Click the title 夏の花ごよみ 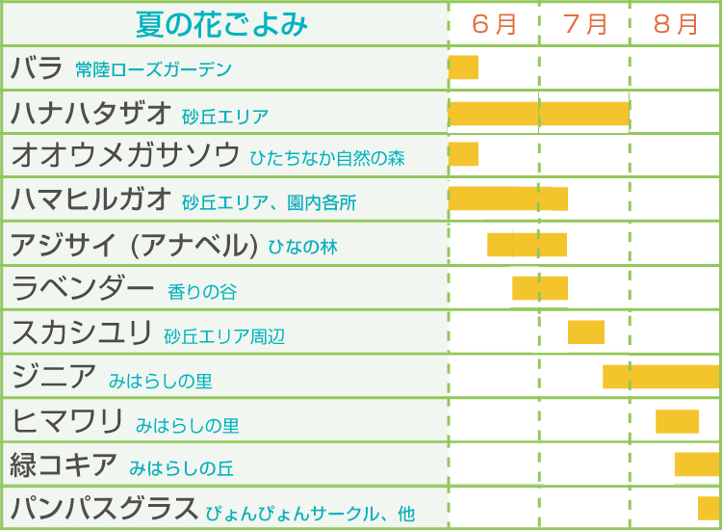pos(222,23)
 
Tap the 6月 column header pos(494,23)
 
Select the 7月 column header pos(584,23)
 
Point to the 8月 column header pos(675,23)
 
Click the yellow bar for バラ pos(463,67)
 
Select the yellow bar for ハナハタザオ pos(539,113)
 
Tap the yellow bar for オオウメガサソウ pos(463,154)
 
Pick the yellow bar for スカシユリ pos(585,331)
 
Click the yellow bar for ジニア pos(661,376)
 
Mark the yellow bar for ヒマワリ pos(677,421)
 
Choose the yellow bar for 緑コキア pos(697,464)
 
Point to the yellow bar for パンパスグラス pos(709,508)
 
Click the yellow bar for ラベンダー pos(539,287)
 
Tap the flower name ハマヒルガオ pos(91,199)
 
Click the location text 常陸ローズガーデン pos(153,70)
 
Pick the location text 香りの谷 pos(202,291)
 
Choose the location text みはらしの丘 pos(181,468)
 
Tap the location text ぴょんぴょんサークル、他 pos(310,513)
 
